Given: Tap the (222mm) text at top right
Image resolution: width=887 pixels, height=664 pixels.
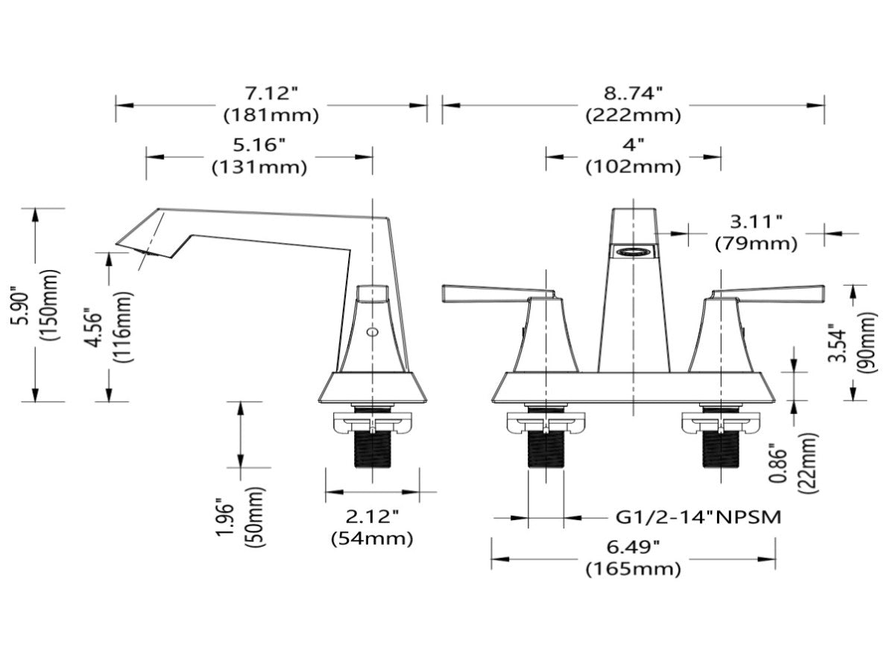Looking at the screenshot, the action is pyautogui.click(x=633, y=116).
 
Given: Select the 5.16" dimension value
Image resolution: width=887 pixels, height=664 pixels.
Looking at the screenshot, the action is pyautogui.click(x=259, y=145).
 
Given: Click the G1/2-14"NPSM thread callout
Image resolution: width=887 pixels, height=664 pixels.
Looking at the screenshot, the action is pyautogui.click(x=698, y=517).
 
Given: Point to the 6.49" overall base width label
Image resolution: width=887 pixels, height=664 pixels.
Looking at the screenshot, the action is pyautogui.click(x=633, y=547).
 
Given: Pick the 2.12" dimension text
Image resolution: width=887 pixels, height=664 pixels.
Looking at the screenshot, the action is pyautogui.click(x=372, y=516).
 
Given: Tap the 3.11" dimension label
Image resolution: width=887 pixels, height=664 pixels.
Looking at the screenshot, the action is pyautogui.click(x=757, y=222).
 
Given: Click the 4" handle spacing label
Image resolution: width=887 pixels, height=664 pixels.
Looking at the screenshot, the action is pyautogui.click(x=633, y=145).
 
